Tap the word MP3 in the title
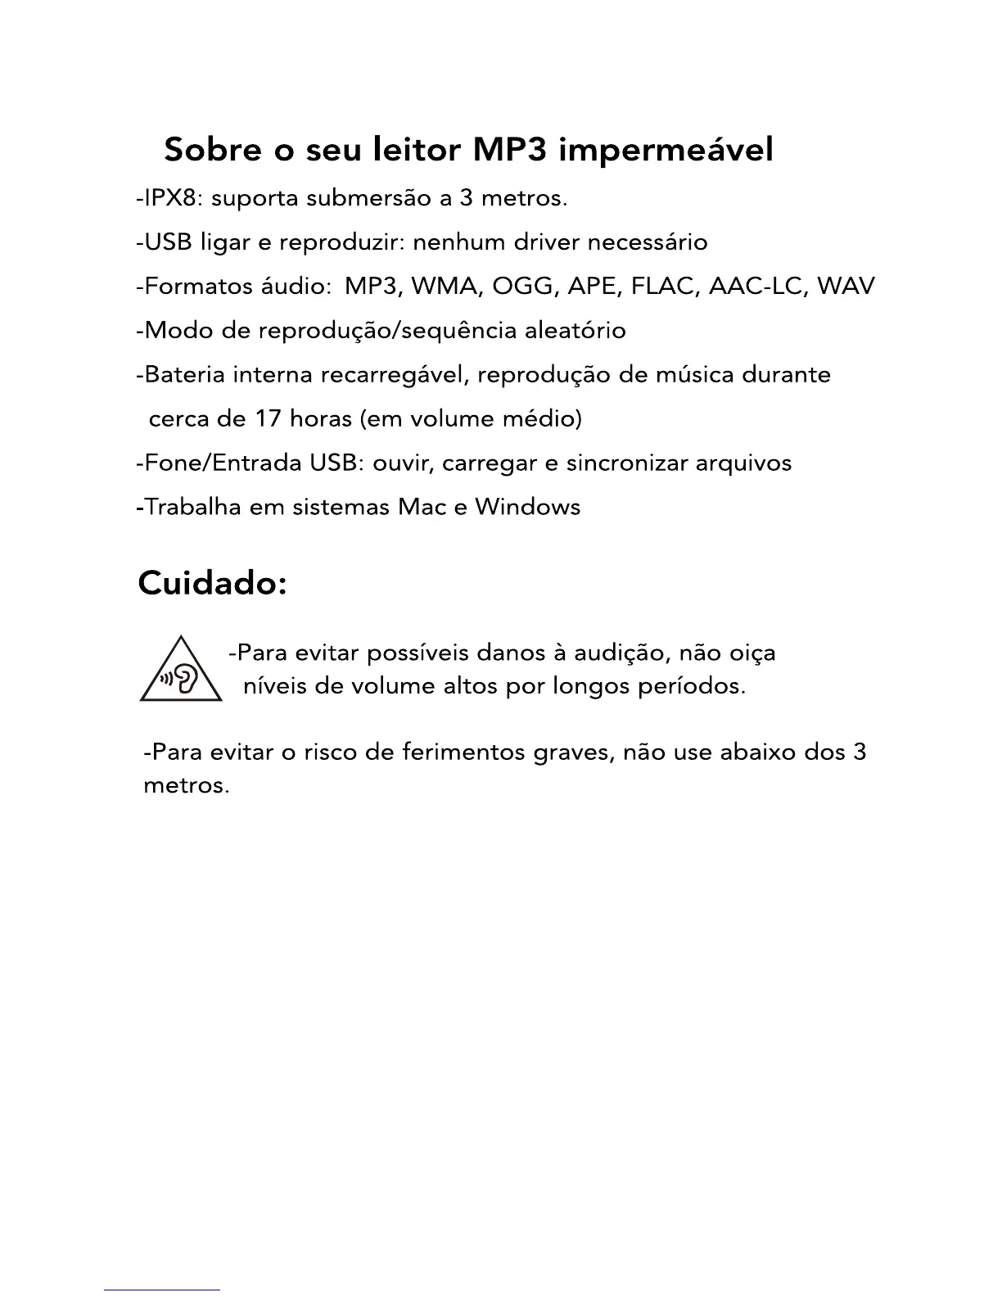[x=509, y=150]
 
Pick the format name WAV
[x=846, y=287]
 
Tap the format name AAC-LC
[x=757, y=287]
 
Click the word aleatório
[x=575, y=331]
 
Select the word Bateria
[x=184, y=375]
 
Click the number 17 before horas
[x=268, y=419]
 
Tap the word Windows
[x=527, y=507]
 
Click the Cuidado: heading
[x=212, y=584]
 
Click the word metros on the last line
[x=186, y=786]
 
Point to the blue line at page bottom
[x=162, y=1290]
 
